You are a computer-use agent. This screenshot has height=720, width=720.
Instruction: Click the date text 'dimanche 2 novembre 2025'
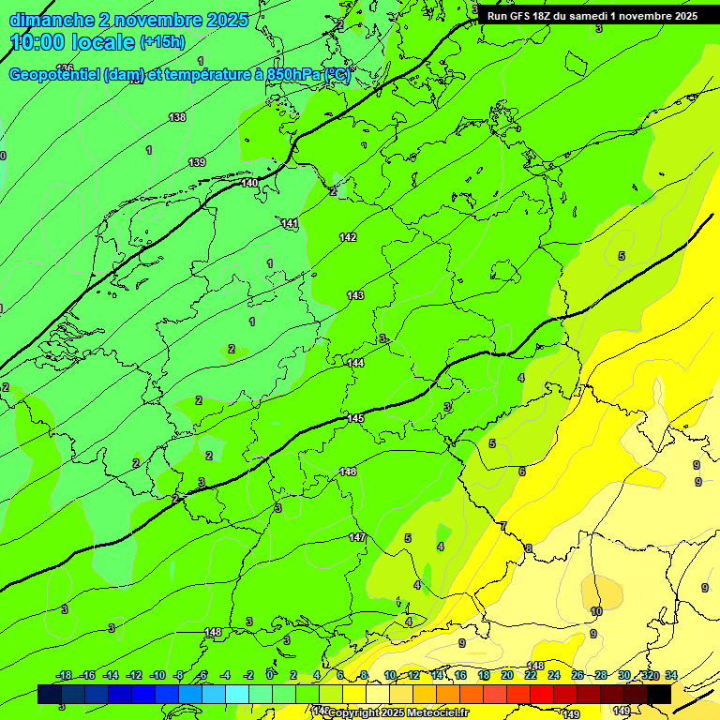128,20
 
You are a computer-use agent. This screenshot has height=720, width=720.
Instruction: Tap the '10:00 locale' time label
72,42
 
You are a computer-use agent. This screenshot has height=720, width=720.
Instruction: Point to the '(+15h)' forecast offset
162,42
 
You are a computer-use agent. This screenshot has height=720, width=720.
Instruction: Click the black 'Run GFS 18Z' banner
592,15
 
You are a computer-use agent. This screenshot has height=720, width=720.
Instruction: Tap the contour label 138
177,117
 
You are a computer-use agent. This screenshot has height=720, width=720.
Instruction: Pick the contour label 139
197,162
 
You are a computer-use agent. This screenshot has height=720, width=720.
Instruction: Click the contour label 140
249,183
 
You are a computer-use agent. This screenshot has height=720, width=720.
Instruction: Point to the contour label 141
290,223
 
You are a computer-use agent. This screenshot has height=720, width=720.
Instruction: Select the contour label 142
348,237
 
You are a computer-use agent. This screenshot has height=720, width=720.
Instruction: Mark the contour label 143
355,295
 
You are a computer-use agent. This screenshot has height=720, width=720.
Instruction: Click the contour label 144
355,363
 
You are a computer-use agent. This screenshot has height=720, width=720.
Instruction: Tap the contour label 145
355,418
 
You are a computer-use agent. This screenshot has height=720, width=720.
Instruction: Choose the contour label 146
349,472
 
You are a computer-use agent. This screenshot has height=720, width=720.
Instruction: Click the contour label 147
357,537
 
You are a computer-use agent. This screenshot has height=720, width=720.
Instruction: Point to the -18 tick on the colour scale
65,675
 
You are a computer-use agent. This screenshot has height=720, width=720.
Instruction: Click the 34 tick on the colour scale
671,675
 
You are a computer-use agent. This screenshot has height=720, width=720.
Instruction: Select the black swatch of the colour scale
659,695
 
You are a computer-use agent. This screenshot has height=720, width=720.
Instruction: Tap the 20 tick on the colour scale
507,675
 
